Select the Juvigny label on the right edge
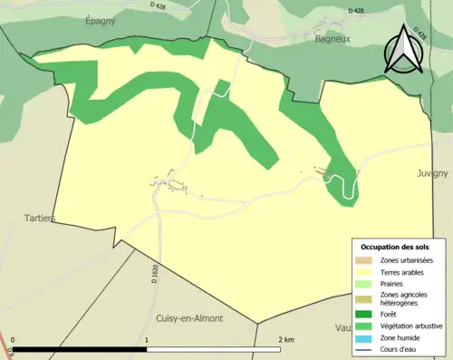[434, 172]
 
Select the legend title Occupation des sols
[397, 247]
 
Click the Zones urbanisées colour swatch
[367, 260]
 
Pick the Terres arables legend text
[404, 271]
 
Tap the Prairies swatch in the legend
[367, 283]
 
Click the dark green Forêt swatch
[367, 314]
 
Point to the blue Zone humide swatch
[367, 336]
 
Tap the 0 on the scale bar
[13, 340]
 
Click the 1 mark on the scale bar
[147, 340]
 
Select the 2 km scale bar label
[285, 340]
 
